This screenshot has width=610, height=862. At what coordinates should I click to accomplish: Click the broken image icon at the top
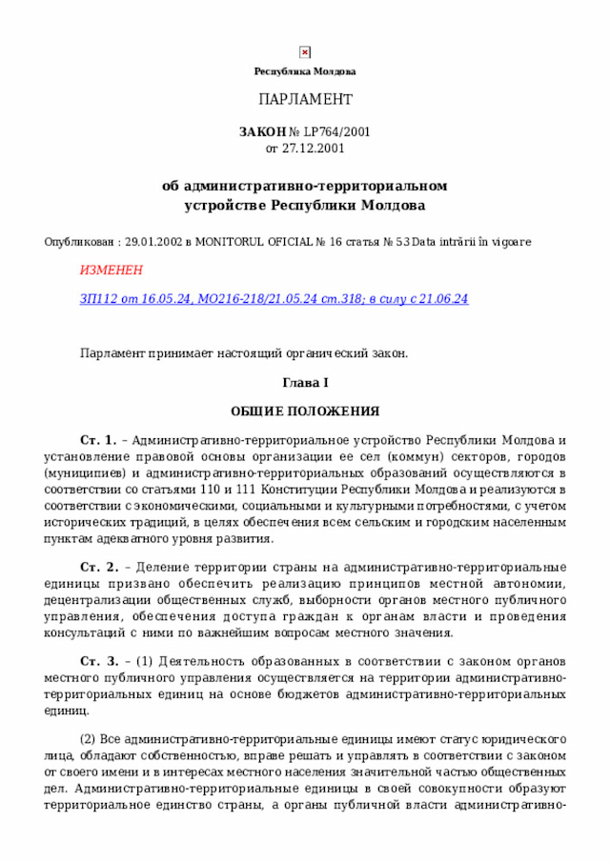click(x=305, y=52)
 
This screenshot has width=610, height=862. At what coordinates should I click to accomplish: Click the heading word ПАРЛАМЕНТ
click(x=305, y=99)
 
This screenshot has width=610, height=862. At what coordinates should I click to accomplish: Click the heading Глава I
click(x=305, y=383)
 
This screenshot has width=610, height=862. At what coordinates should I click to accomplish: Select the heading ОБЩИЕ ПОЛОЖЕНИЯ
click(x=305, y=411)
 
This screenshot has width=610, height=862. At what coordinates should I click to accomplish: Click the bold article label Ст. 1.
click(x=98, y=440)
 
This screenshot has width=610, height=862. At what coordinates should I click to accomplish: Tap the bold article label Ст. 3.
click(x=99, y=661)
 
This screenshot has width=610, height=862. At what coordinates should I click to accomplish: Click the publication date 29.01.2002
click(x=153, y=243)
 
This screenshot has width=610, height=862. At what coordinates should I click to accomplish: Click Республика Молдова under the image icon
click(x=305, y=71)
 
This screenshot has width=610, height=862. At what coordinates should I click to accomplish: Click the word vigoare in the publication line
click(x=513, y=243)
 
